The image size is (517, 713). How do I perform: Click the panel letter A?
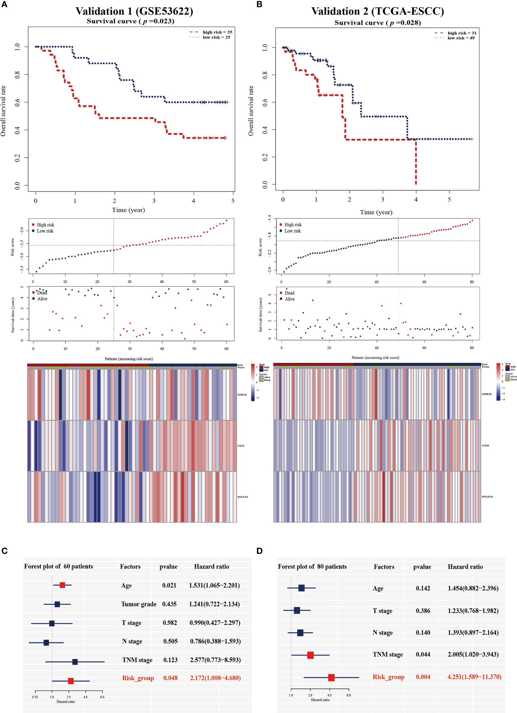click(4, 4)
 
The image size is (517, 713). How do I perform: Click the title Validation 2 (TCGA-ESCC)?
click(377, 11)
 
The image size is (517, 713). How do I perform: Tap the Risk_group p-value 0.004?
click(423, 677)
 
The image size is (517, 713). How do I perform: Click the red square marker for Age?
click(62, 585)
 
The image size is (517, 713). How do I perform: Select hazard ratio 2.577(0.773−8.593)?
click(215, 660)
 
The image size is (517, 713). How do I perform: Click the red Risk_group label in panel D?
click(388, 677)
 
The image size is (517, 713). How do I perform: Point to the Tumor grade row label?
click(139, 604)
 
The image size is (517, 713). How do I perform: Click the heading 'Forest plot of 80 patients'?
click(312, 567)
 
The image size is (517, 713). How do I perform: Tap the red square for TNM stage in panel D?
click(310, 655)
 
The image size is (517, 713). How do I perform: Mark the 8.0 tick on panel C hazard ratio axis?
click(102, 697)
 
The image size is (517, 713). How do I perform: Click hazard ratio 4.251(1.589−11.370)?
click(474, 677)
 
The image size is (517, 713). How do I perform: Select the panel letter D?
click(260, 551)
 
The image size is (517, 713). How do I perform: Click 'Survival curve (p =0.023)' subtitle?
click(130, 21)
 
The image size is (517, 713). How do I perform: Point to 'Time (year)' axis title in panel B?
click(376, 212)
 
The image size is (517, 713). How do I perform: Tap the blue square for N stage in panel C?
click(46, 642)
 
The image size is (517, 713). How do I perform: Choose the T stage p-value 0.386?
click(423, 611)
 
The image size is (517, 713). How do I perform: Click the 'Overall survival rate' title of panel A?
click(4, 111)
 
